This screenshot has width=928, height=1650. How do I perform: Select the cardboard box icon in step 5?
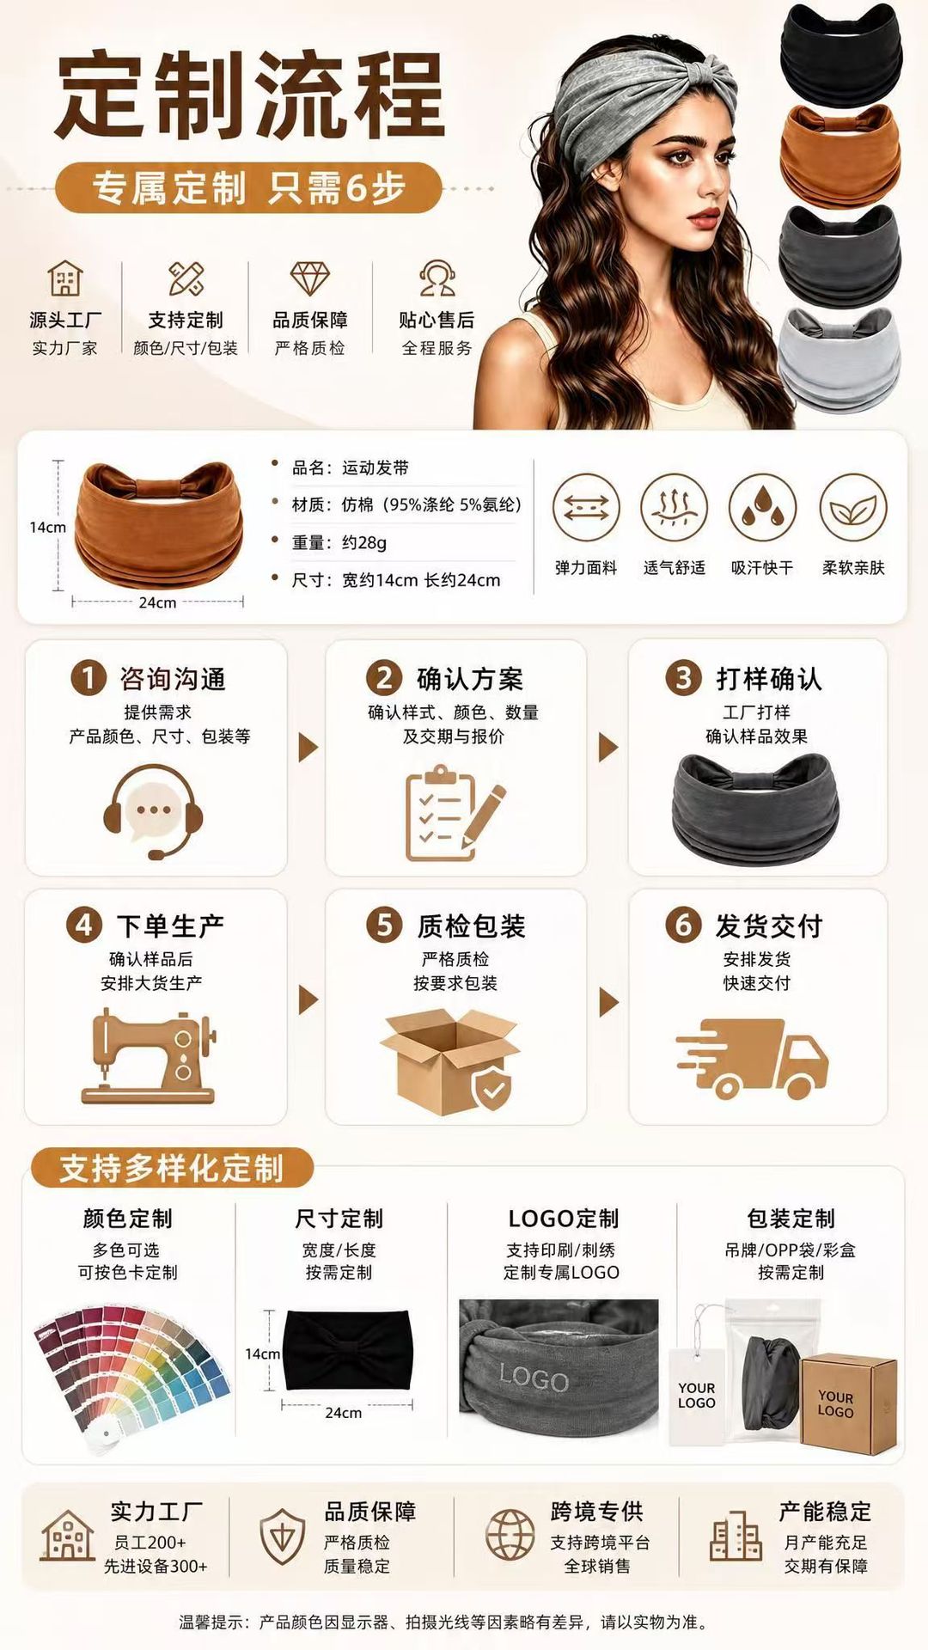(449, 1059)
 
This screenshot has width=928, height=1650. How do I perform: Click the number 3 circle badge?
(683, 678)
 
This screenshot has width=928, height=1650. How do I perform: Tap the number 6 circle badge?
(683, 925)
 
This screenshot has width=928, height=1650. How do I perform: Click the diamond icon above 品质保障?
(310, 278)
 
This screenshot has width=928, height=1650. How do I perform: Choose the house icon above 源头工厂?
(65, 279)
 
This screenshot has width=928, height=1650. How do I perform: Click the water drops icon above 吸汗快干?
(763, 507)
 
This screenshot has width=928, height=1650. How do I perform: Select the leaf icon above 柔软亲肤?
(853, 507)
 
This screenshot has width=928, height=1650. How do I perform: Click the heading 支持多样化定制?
(172, 1169)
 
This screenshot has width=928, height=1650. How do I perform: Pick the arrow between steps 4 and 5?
(308, 999)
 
